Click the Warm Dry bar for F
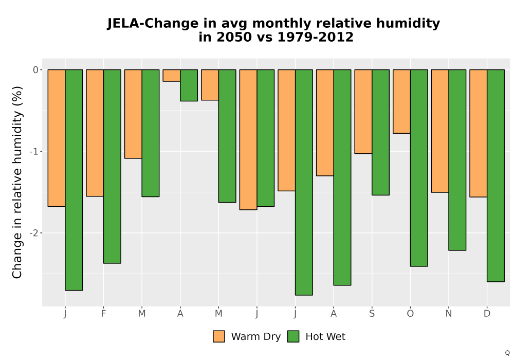[95, 133]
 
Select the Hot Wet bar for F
[112, 166]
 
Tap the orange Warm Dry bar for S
[363, 112]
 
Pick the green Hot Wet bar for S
[380, 132]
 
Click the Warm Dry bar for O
[401, 101]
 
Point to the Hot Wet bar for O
[419, 168]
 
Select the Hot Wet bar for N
[457, 160]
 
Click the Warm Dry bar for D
[478, 133]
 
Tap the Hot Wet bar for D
[495, 175]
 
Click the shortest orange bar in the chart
[172, 76]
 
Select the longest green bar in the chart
[304, 182]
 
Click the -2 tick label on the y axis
[34, 233]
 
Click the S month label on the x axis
[372, 314]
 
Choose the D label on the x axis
[487, 314]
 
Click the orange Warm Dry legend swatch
[219, 337]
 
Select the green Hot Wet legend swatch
[293, 337]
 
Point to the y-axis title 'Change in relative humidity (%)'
[17, 182]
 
